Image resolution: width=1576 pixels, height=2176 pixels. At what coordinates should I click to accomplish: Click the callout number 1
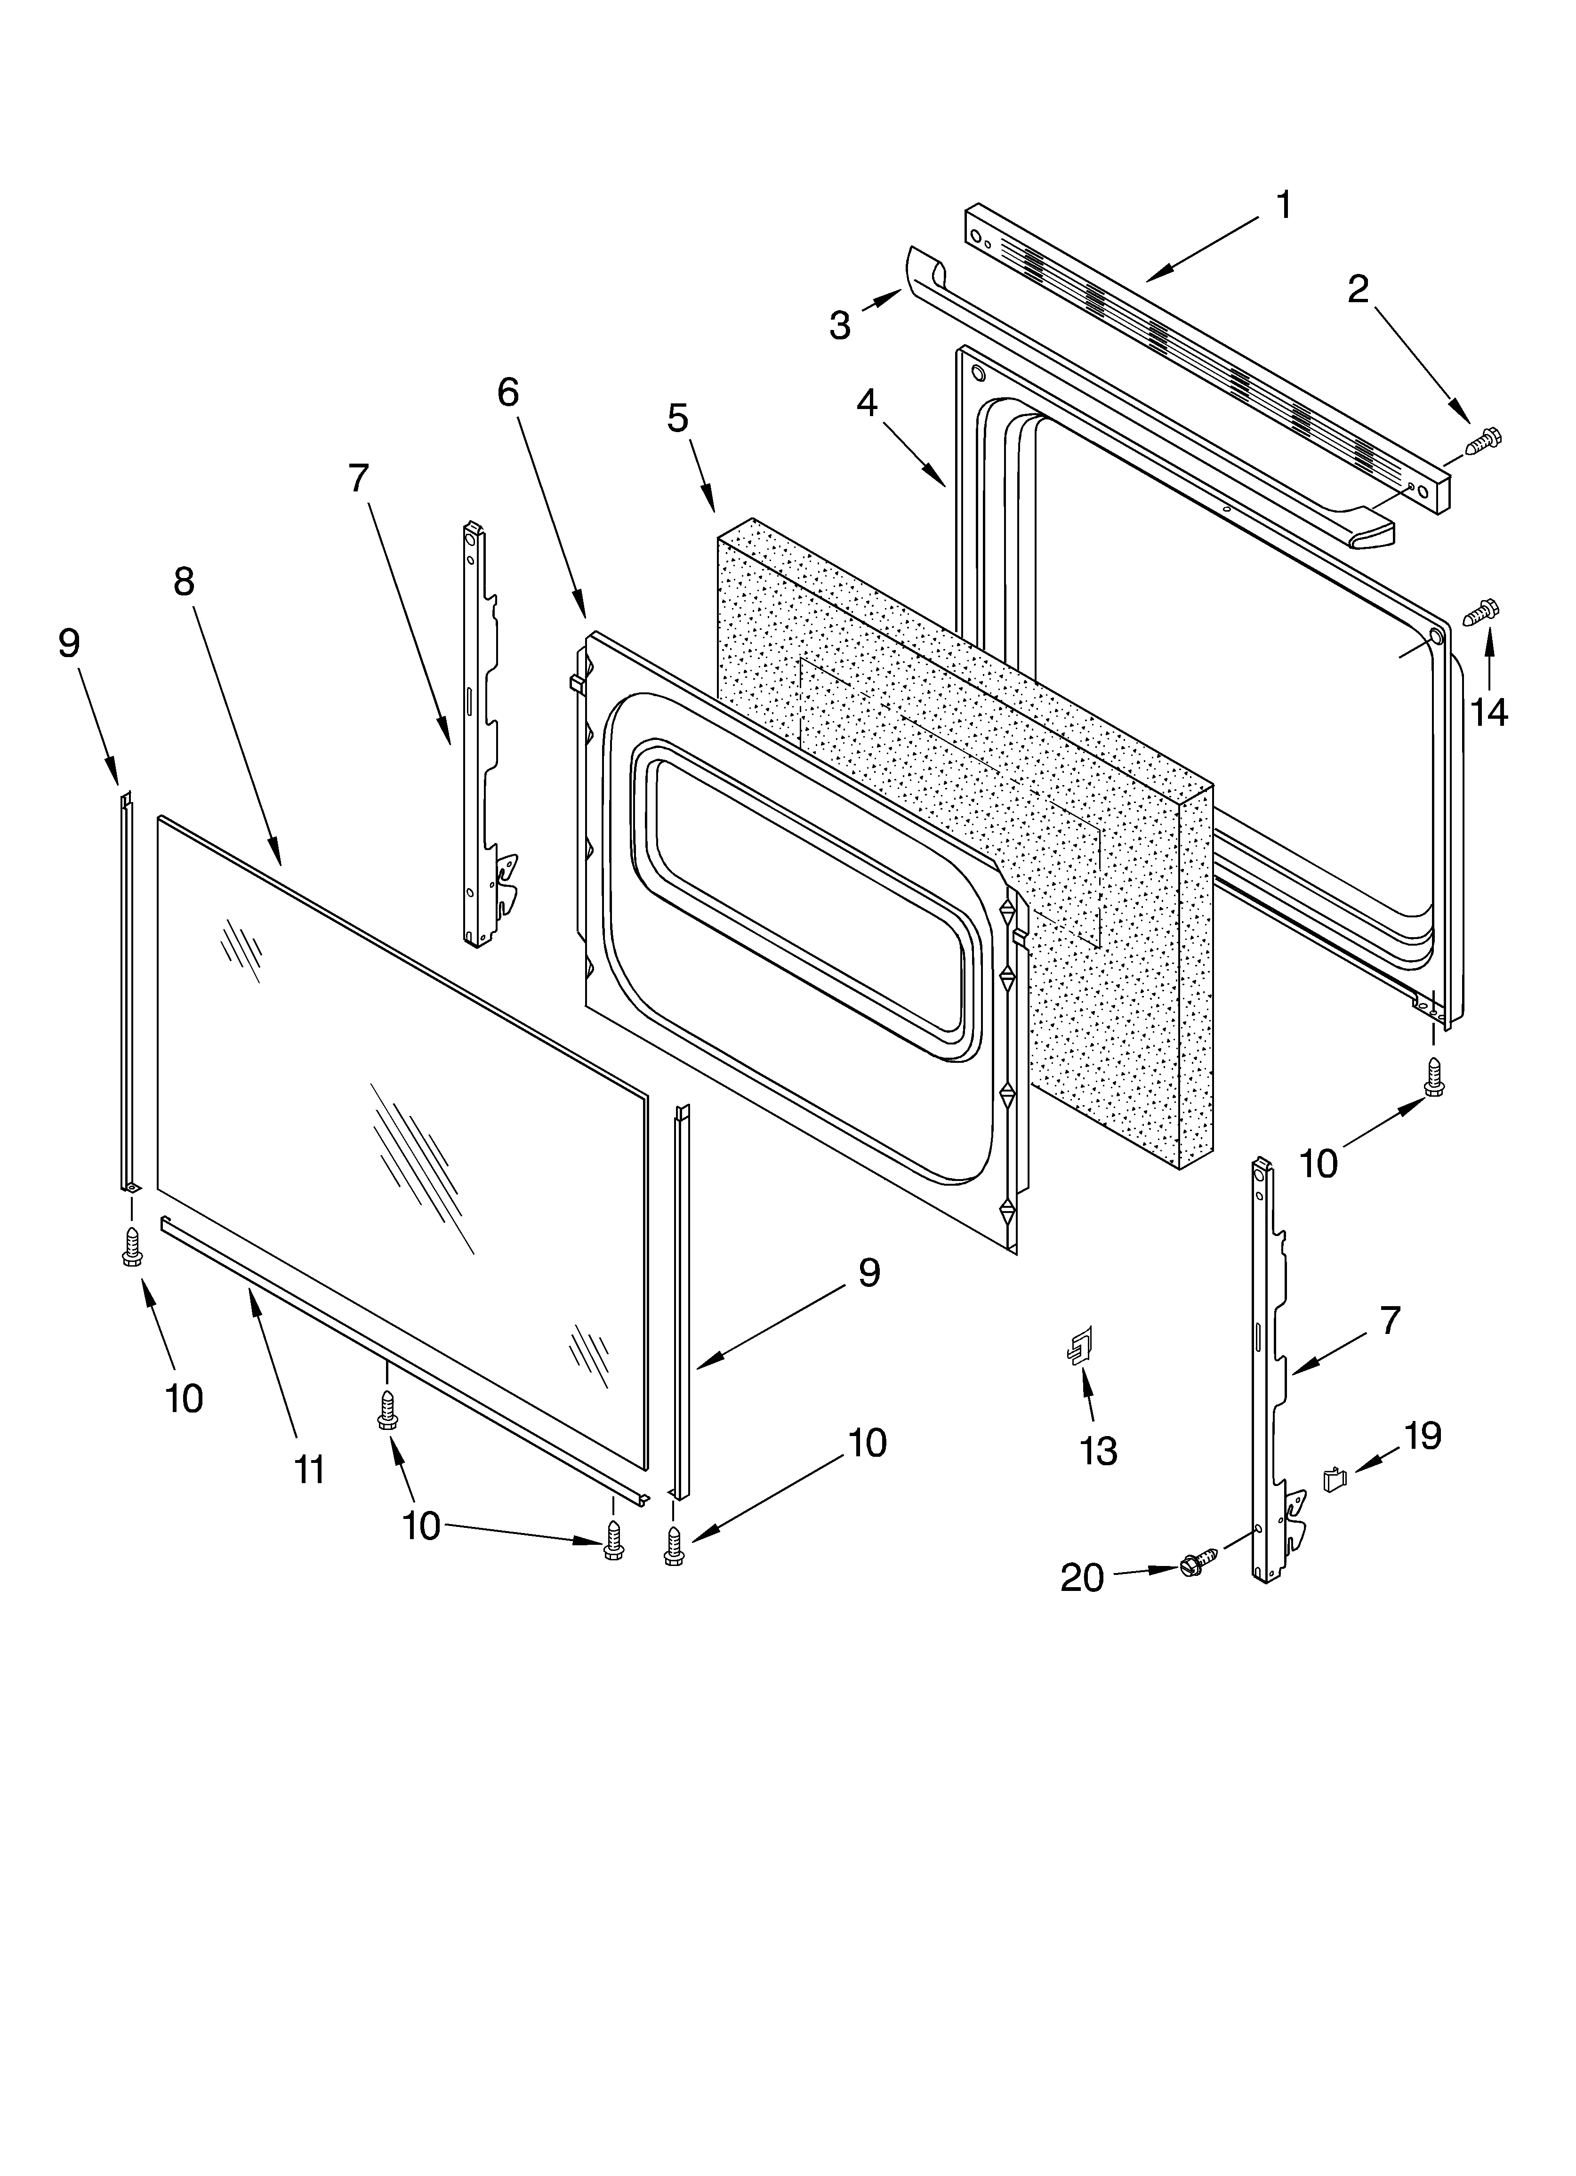pos(1283,205)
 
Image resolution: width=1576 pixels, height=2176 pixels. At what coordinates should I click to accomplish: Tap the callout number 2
pos(1357,289)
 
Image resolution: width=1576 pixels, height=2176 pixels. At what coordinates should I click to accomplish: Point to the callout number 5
pos(678,418)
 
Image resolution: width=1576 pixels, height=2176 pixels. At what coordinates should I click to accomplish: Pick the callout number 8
pos(184,581)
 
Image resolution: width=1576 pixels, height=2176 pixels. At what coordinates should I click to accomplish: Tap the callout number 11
pos(309,1470)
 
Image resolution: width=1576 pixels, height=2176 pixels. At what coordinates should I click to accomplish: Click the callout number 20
pos(1082,1577)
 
